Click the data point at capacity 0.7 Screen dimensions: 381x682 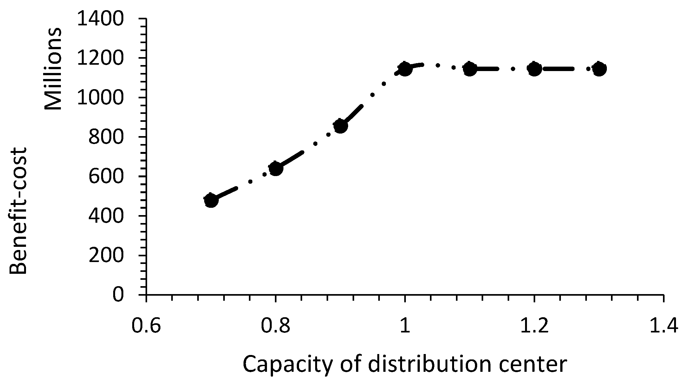click(211, 200)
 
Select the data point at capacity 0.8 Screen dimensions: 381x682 click(276, 168)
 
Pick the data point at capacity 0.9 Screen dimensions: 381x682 click(341, 126)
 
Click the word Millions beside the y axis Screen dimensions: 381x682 click(53, 69)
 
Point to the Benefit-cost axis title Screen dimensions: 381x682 click(18, 211)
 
